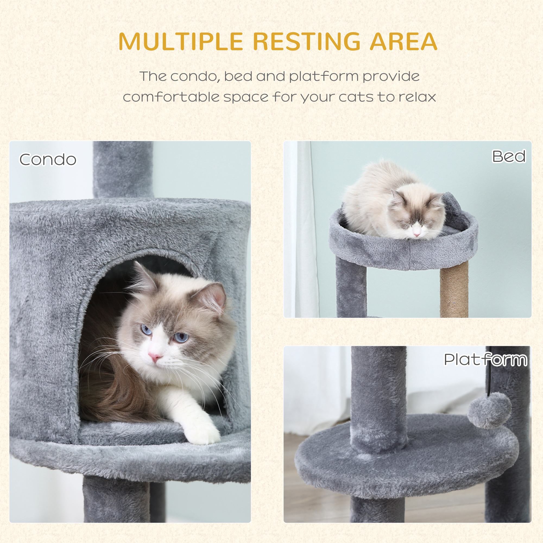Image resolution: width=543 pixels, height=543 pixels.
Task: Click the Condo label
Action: (48, 160)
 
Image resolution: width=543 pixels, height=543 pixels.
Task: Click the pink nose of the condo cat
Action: (155, 356)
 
